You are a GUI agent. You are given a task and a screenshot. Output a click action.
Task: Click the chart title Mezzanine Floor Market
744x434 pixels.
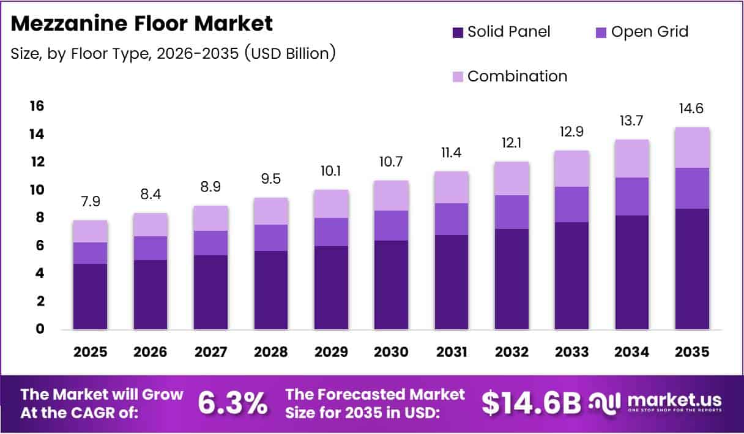click(142, 24)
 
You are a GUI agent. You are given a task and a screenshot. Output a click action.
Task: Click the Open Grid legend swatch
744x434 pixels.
click(601, 32)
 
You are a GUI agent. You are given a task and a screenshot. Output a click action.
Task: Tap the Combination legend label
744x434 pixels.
click(517, 77)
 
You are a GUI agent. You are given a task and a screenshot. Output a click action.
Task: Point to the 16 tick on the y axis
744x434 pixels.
click(37, 107)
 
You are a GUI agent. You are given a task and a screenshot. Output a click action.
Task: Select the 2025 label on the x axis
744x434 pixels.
click(90, 352)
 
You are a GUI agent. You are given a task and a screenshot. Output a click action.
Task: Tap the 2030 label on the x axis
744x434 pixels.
click(392, 352)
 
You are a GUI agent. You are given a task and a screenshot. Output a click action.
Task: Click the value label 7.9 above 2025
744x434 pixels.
click(90, 201)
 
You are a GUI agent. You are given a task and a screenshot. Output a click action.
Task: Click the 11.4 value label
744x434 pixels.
click(452, 153)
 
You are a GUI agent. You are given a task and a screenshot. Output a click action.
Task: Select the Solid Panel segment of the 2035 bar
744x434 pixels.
click(692, 269)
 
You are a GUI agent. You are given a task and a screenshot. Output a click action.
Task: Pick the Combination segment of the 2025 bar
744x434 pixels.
click(90, 231)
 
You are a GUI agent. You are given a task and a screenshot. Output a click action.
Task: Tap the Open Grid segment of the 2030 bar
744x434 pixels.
click(392, 225)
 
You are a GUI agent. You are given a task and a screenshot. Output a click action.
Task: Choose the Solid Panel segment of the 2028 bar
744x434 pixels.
click(271, 290)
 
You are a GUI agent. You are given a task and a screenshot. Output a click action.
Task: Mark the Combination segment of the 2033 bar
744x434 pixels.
click(571, 168)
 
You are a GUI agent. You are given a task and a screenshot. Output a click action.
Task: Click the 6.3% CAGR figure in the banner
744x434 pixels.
click(232, 403)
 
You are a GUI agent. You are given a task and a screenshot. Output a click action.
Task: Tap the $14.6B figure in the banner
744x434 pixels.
click(530, 403)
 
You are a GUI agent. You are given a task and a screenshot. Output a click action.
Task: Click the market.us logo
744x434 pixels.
click(655, 403)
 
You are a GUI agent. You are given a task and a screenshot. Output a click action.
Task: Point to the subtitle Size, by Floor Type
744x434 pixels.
click(173, 53)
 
